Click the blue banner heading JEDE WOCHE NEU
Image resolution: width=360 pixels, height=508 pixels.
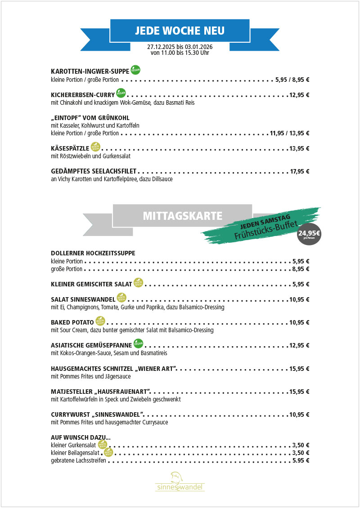(180, 31)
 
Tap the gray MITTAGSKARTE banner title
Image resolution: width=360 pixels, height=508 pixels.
(182, 216)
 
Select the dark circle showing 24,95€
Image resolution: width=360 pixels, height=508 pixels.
(309, 234)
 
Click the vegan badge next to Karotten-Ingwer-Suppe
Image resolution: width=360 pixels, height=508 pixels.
(135, 70)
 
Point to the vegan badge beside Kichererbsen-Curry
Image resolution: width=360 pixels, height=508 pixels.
(121, 93)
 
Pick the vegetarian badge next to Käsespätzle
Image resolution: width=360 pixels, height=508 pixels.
(95, 147)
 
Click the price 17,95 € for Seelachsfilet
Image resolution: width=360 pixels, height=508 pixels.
(300, 171)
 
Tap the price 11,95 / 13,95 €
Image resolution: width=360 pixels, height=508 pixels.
(289, 133)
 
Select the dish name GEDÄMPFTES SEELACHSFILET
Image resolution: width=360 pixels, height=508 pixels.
(94, 171)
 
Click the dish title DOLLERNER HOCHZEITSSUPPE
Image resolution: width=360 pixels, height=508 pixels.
(93, 253)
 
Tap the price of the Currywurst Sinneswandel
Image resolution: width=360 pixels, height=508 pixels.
(300, 414)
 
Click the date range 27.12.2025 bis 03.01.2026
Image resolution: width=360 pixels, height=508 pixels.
(180, 46)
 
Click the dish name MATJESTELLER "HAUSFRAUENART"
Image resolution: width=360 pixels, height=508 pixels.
(101, 392)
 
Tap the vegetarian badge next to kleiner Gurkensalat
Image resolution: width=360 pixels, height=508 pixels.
(102, 444)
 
